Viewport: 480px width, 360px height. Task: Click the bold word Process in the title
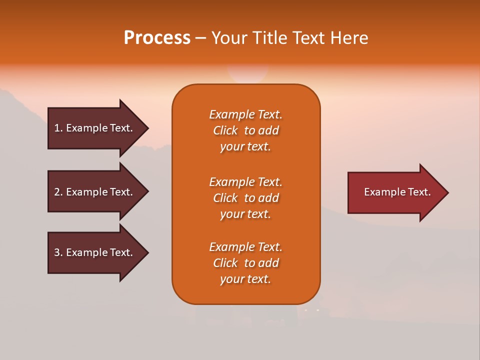click(x=157, y=38)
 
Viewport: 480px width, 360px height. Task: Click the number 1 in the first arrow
click(x=57, y=128)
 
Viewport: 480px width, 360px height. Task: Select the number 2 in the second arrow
click(x=57, y=192)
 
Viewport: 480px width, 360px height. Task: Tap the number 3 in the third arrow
click(x=57, y=252)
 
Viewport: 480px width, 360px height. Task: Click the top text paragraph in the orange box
click(x=245, y=130)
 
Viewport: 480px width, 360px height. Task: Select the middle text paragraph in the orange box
click(x=245, y=198)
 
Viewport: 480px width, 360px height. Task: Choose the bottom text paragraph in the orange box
click(x=245, y=263)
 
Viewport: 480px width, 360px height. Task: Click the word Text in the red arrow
click(x=419, y=192)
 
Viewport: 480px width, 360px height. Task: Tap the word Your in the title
click(x=229, y=38)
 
